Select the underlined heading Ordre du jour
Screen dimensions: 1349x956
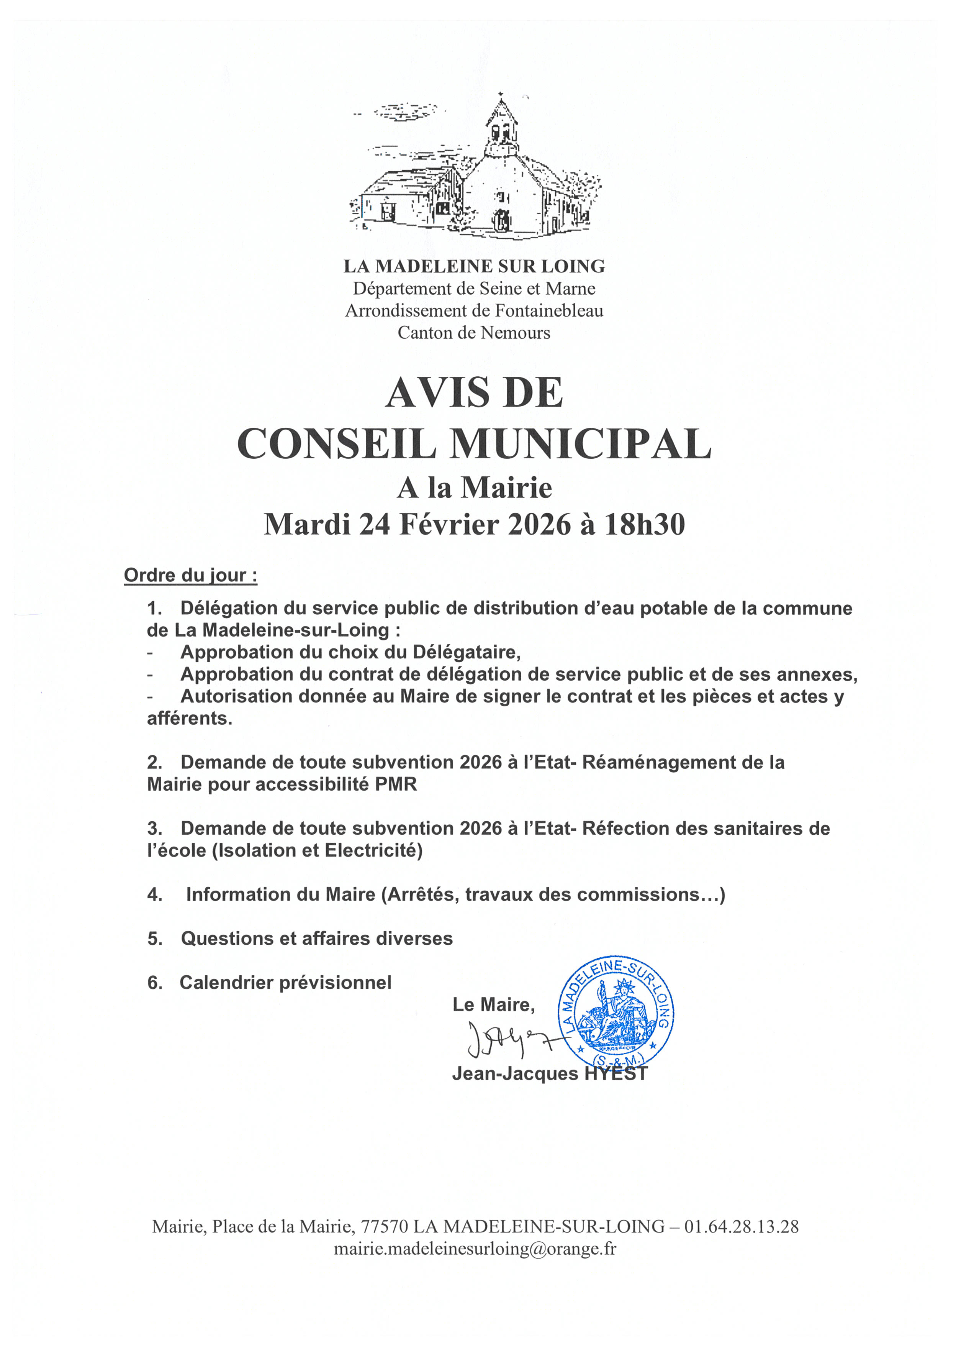tap(190, 576)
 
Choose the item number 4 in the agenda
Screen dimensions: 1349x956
tap(154, 894)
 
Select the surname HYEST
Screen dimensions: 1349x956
tap(616, 1073)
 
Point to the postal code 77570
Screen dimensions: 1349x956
tap(384, 1226)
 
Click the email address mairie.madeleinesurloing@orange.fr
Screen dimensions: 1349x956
tap(475, 1248)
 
